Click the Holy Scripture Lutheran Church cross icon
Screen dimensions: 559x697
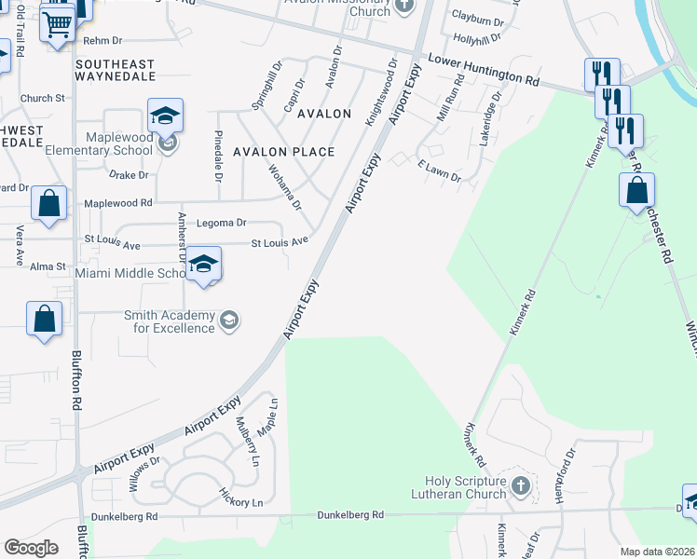tap(521, 485)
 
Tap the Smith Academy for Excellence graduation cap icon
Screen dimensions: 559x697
tap(227, 321)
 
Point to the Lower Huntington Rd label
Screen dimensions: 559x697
tap(484, 71)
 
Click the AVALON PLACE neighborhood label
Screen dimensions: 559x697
tap(283, 152)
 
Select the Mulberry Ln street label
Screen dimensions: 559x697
tap(248, 441)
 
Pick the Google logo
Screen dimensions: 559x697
tap(31, 547)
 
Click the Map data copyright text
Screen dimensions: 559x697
tap(657, 551)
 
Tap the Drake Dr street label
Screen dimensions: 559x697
tap(129, 175)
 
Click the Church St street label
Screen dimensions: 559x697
tap(42, 98)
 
